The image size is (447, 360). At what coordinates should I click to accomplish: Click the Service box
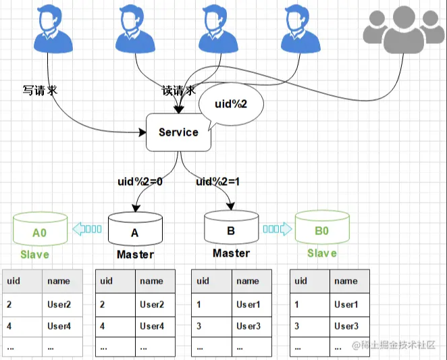tap(178, 132)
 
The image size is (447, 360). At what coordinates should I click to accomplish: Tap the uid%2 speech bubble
tap(231, 105)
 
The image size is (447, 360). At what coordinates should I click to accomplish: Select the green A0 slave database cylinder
tap(41, 229)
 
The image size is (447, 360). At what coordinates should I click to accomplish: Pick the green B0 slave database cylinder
tap(322, 227)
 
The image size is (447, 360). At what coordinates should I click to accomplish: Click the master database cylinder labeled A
tap(135, 229)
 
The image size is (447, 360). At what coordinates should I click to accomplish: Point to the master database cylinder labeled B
tap(232, 227)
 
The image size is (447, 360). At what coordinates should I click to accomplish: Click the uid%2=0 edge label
tap(140, 182)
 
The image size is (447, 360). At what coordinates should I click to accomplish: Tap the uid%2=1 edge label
tap(218, 182)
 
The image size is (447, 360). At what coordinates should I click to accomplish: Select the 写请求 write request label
tap(40, 90)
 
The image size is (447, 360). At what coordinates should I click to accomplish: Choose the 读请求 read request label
tap(179, 91)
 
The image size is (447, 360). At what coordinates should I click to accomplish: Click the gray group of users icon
tap(404, 30)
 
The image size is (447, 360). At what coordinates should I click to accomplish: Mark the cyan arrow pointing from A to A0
tap(87, 229)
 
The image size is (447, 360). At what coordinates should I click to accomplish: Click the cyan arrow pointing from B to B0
tap(278, 229)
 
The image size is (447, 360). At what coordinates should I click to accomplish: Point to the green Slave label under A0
tap(35, 255)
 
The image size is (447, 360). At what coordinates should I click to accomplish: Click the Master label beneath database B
tap(231, 253)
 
